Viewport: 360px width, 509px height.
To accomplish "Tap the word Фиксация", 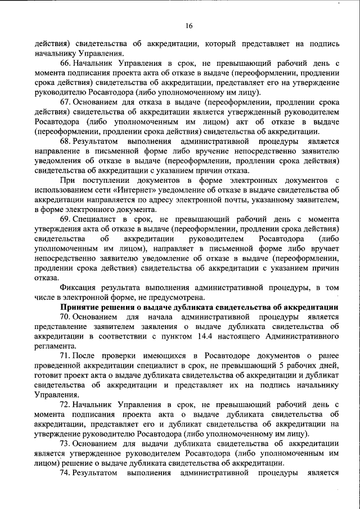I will pos(78,287).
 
